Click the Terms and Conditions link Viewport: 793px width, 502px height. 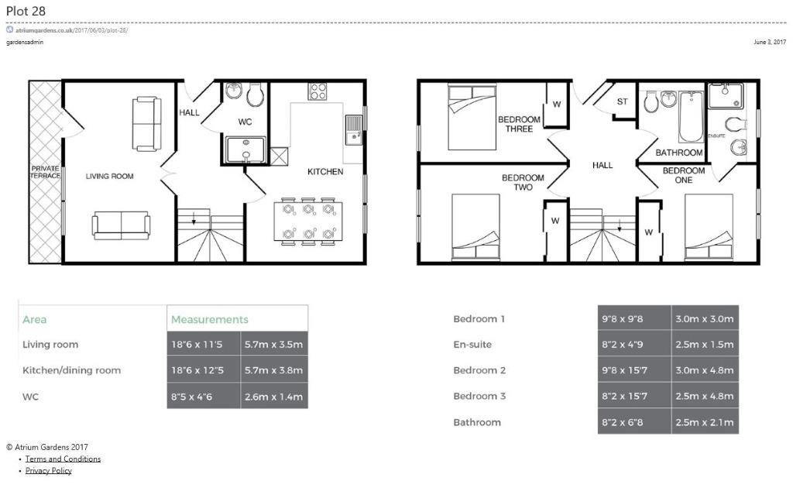63,459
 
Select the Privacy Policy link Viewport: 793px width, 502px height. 49,471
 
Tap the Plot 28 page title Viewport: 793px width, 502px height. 26,11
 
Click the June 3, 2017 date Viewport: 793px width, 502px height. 770,42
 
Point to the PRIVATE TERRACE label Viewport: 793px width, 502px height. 45,172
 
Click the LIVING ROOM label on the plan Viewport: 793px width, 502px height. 109,176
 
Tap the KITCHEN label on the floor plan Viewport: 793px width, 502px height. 325,171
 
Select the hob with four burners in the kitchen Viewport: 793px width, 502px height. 318,91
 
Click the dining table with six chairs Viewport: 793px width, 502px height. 308,221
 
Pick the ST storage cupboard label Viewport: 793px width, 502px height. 622,101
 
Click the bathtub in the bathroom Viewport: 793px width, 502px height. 691,116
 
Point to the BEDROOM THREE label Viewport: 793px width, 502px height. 519,124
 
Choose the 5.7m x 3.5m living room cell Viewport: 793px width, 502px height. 273,345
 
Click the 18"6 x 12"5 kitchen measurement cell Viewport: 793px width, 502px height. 204,370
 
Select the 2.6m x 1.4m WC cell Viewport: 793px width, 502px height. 273,396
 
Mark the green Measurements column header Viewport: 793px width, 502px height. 209,319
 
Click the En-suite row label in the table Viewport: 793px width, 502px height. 472,345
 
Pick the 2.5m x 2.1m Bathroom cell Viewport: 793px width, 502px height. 705,422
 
